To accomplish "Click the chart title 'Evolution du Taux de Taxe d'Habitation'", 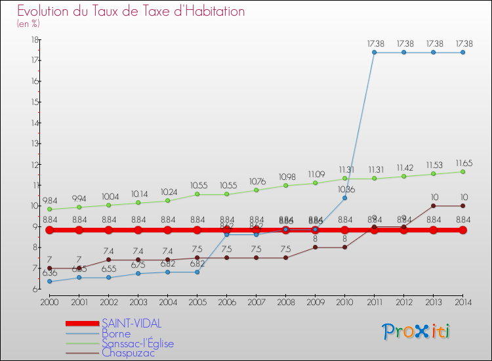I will (131, 11).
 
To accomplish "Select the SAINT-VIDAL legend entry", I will (131, 324).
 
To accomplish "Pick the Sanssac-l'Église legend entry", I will (138, 343).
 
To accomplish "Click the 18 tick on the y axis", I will (34, 40).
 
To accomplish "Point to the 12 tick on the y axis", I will (34, 164).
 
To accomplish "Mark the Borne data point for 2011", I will (374, 53).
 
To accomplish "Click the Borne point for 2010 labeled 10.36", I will (344, 198).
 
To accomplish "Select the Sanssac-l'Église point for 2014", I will (462, 172).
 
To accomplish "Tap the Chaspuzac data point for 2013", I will (433, 206).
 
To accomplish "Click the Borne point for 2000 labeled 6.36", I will (49, 282).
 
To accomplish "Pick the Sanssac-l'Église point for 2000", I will (49, 209).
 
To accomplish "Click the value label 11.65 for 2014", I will (462, 163).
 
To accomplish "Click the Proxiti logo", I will (417, 331).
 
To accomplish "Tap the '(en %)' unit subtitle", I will (28, 23).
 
